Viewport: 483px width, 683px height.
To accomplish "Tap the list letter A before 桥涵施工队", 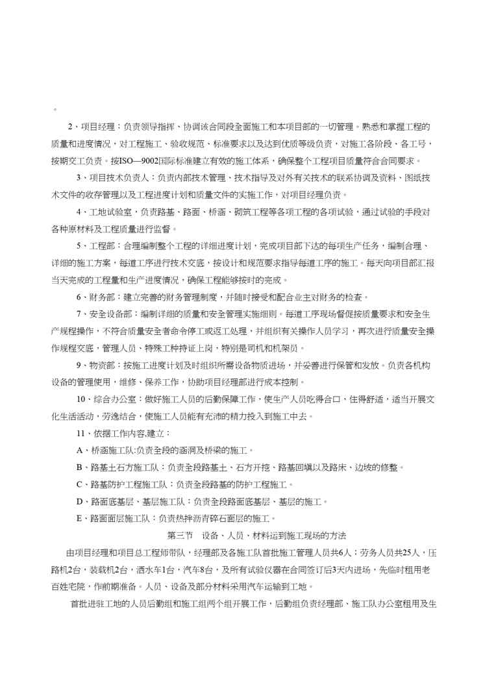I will pyautogui.click(x=79, y=450).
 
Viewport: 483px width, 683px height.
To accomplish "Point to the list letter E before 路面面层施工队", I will pyautogui.click(x=79, y=518).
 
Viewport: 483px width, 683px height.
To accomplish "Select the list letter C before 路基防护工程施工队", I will pyautogui.click(x=79, y=484).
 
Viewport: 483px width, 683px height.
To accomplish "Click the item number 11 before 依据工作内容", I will pyautogui.click(x=80, y=432).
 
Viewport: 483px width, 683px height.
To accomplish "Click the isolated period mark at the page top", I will pyautogui.click(x=55, y=109).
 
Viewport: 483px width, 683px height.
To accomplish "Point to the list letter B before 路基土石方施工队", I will pyautogui.click(x=79, y=467).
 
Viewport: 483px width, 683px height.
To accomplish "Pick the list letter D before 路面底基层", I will pyautogui.click(x=79, y=501).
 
